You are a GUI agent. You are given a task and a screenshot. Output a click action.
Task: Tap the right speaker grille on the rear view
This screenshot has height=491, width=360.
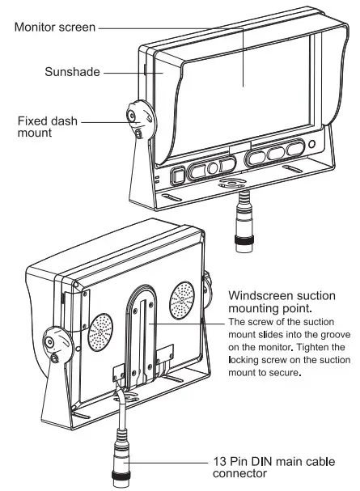(x=182, y=299)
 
